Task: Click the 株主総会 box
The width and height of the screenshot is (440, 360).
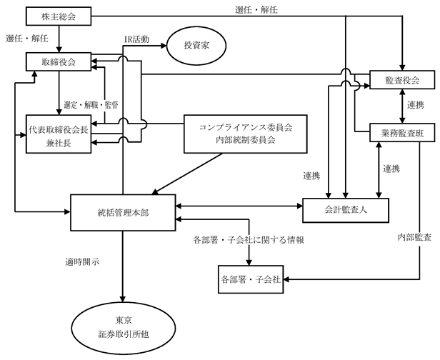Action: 59,16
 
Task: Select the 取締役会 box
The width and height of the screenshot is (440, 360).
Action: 59,61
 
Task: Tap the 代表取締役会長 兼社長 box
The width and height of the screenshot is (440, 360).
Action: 59,134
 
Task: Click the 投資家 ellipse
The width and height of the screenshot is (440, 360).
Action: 196,46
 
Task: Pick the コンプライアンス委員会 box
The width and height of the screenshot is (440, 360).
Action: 246,134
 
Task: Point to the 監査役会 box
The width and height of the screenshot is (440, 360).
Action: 402,80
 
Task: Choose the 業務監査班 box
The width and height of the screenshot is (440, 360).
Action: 402,132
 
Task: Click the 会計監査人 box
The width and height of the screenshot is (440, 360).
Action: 346,210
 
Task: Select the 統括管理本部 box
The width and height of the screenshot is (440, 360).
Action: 123,213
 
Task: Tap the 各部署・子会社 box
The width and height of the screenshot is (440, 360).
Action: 251,279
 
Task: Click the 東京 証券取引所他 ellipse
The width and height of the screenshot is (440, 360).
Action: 124,327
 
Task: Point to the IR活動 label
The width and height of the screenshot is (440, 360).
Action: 136,39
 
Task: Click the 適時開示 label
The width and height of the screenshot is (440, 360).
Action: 82,262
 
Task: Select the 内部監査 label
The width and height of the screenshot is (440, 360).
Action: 414,237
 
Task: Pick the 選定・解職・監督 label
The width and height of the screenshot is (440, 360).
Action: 91,105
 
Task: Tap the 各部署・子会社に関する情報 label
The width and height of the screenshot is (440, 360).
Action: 249,240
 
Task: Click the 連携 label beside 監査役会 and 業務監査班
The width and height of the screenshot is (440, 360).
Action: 416,105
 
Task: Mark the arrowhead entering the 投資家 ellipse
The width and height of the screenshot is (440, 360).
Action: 164,46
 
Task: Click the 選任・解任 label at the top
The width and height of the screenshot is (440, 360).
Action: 256,11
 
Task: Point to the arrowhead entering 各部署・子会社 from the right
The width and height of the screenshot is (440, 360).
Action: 286,279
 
